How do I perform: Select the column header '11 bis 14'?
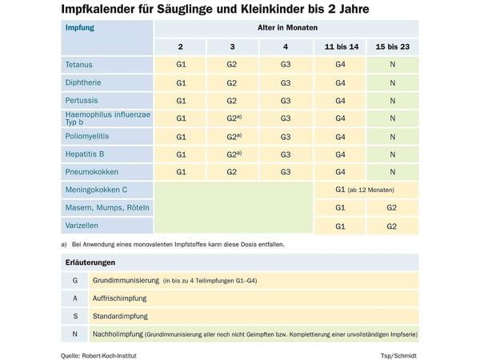click(342, 47)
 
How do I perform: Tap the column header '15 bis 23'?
click(393, 47)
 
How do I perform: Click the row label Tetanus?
click(78, 65)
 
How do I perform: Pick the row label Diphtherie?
click(83, 82)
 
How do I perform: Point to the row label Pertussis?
click(82, 101)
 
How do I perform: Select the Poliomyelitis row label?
click(87, 136)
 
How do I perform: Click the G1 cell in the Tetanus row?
click(181, 65)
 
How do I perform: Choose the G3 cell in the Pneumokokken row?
click(286, 172)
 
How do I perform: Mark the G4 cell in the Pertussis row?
click(341, 101)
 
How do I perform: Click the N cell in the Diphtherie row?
click(393, 83)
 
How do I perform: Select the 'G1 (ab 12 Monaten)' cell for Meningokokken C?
click(365, 190)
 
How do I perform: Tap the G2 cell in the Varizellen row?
click(392, 226)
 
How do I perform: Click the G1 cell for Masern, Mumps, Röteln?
click(341, 208)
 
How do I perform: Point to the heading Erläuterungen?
click(90, 262)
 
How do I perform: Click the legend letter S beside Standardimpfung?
click(75, 316)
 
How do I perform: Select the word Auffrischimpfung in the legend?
click(120, 298)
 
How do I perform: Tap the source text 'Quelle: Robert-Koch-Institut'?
click(98, 356)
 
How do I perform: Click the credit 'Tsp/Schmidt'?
click(398, 356)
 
